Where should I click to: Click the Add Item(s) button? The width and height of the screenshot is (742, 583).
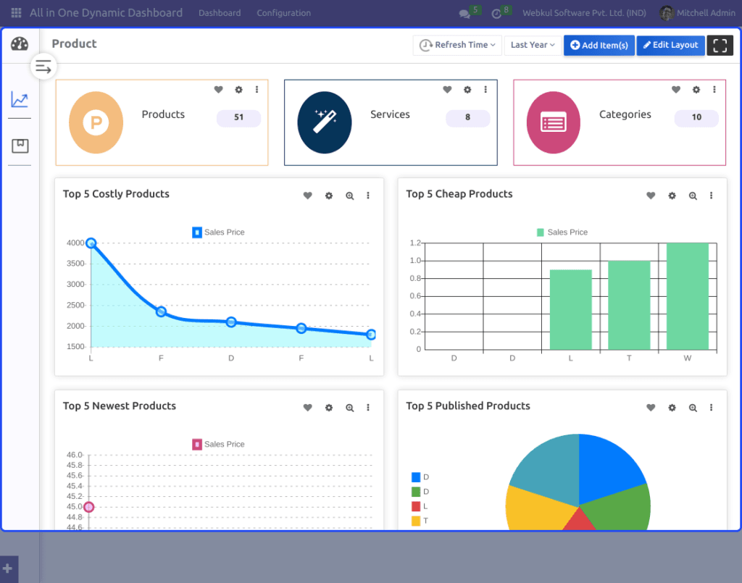point(599,46)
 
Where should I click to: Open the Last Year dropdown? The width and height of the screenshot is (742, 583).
point(533,46)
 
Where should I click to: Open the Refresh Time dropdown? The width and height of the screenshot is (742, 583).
point(457,46)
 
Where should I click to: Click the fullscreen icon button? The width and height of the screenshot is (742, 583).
point(720,46)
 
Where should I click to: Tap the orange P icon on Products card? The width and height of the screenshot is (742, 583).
point(96,122)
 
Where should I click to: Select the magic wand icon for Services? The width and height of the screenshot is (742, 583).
point(325,122)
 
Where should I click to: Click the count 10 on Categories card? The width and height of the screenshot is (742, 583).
point(696,117)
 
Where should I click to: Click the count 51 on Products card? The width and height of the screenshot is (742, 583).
point(238,117)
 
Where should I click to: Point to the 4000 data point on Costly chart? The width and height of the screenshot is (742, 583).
point(91,243)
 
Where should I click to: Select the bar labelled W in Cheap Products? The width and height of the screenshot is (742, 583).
point(688,296)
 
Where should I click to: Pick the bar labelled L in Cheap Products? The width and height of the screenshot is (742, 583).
point(571,310)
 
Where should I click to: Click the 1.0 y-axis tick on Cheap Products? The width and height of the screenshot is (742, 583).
point(415,261)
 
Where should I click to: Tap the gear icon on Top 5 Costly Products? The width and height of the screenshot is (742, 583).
point(329,196)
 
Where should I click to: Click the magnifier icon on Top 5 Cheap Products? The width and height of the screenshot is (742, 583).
point(693,196)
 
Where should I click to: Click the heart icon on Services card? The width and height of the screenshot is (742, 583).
point(447,89)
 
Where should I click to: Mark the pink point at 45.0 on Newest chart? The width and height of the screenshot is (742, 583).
point(89,507)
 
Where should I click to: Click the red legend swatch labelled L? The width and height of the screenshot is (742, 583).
point(416,506)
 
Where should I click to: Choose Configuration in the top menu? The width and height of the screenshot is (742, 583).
point(284,13)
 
